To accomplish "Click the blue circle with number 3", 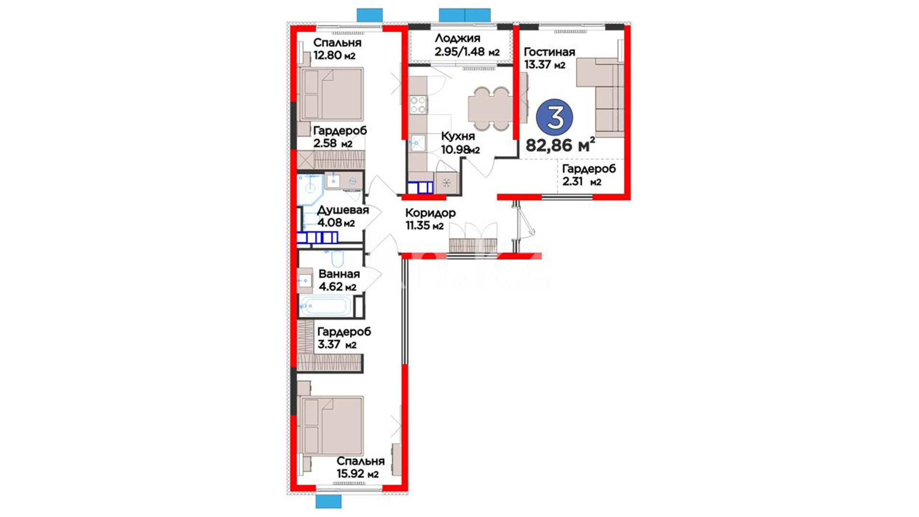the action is point(555,117).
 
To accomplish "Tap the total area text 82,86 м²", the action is point(560,144).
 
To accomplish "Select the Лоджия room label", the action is point(457,38).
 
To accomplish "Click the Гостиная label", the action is point(549,52).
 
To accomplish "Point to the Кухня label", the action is point(458,136).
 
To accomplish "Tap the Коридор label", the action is point(430,213).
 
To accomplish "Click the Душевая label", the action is point(343,210).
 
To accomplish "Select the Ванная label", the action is point(339,274).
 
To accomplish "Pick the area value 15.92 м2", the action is point(358,474).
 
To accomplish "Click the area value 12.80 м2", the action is point(334,55).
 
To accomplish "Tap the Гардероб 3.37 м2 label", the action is point(344,338).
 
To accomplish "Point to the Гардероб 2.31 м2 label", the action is point(589,175).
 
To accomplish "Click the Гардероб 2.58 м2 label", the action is point(340,137).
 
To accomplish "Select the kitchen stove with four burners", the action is point(418,105).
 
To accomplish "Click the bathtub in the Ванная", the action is point(325,305).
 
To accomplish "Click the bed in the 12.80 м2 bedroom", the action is point(331,94).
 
